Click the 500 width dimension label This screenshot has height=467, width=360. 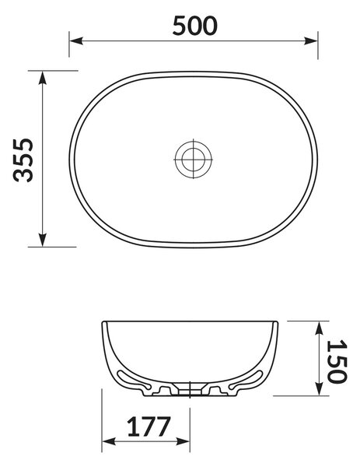coord(195,26)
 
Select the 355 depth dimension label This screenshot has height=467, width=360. coord(23,160)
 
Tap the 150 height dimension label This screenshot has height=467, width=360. coord(337,361)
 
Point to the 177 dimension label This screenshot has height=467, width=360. coord(149,427)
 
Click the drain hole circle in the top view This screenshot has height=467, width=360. coord(194,160)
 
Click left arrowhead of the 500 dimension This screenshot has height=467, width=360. coord(76,40)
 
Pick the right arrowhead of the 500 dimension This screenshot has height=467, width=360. coord(311,40)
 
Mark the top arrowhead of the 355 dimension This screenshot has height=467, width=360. coord(43,78)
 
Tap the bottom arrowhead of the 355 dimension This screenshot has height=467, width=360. coord(43,240)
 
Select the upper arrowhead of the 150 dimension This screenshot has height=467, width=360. coord(320,328)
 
